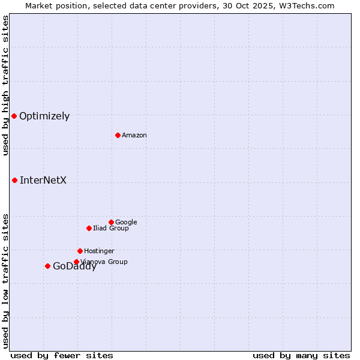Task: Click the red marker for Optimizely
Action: tap(14, 116)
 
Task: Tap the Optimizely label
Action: tap(44, 116)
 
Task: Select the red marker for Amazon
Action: tap(118, 135)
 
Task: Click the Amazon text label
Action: tap(134, 136)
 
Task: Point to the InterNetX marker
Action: tap(14, 180)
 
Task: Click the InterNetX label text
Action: tap(43, 181)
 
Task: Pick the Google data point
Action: tap(111, 222)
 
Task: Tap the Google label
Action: tap(126, 223)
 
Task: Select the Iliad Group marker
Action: tap(89, 228)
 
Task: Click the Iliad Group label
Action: tap(111, 229)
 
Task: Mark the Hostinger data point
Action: tap(80, 251)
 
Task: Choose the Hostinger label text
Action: tap(99, 251)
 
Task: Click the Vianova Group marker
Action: tap(76, 262)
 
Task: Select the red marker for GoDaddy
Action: tap(47, 266)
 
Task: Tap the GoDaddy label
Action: tap(74, 267)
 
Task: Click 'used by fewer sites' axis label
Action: tap(62, 356)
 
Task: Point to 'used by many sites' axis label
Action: tap(301, 356)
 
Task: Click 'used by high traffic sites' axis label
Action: tap(5, 85)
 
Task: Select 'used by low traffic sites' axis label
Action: tap(5, 281)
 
